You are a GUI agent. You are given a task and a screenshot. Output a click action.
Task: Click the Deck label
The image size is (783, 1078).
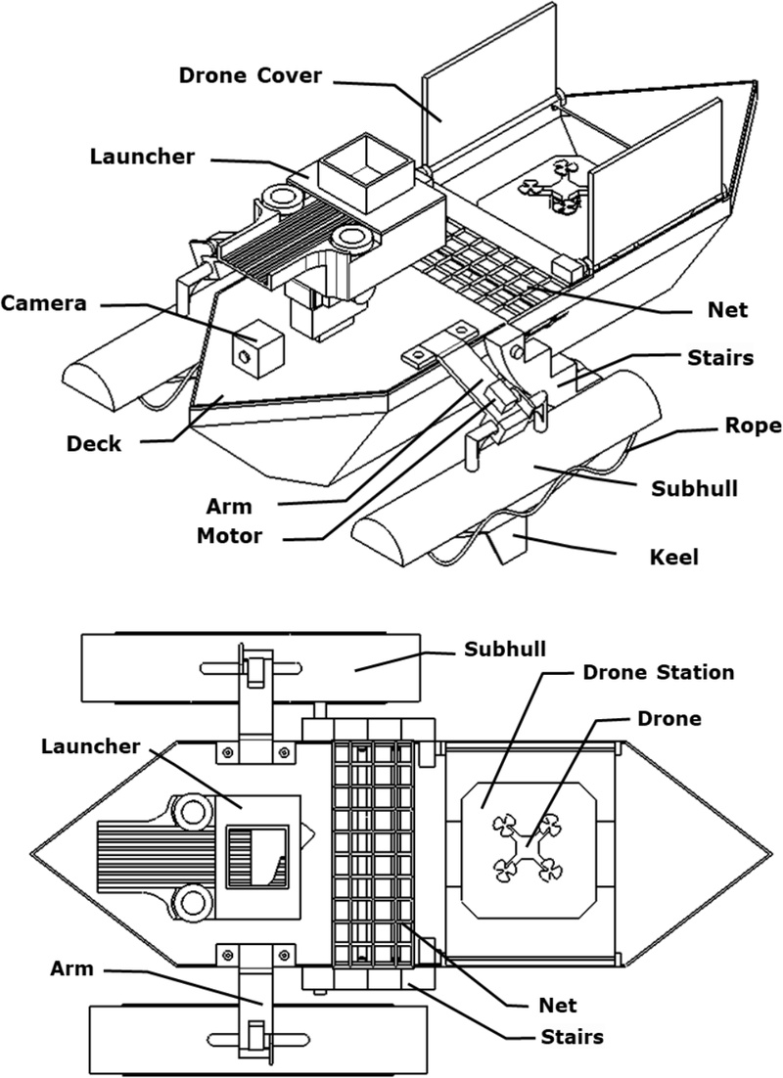(x=94, y=442)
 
